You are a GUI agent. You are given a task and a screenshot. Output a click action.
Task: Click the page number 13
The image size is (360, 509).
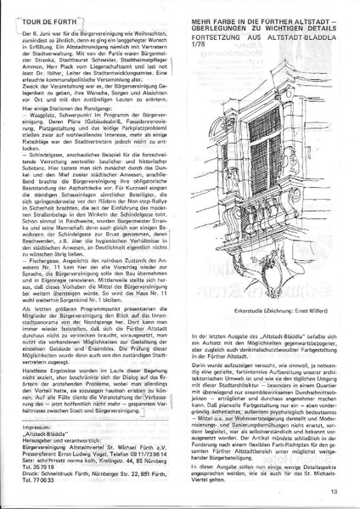[x=335, y=490]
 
